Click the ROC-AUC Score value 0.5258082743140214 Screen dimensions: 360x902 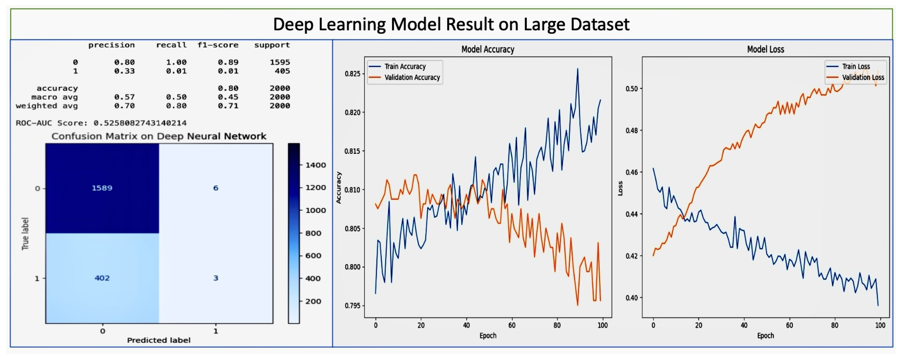(x=140, y=123)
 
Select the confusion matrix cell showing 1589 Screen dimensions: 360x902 (x=102, y=188)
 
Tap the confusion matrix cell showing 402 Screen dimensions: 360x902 (x=102, y=278)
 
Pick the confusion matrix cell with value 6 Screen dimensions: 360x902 (x=216, y=188)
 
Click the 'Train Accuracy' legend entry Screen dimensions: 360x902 (x=405, y=66)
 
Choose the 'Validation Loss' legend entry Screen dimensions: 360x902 (x=863, y=77)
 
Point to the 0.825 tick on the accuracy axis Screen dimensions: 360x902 (x=352, y=74)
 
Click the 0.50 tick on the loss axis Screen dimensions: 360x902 (x=632, y=89)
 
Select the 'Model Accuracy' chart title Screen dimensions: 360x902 (x=488, y=49)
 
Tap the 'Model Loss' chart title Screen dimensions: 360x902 (x=765, y=49)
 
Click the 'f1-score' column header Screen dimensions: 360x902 (x=218, y=45)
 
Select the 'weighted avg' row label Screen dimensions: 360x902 (x=47, y=106)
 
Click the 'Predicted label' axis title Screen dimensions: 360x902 (x=159, y=340)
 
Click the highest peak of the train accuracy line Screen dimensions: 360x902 (x=577, y=69)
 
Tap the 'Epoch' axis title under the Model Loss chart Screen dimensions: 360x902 (x=765, y=336)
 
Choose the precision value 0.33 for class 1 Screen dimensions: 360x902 (x=124, y=71)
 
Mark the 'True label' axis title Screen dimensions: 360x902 (x=25, y=234)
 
